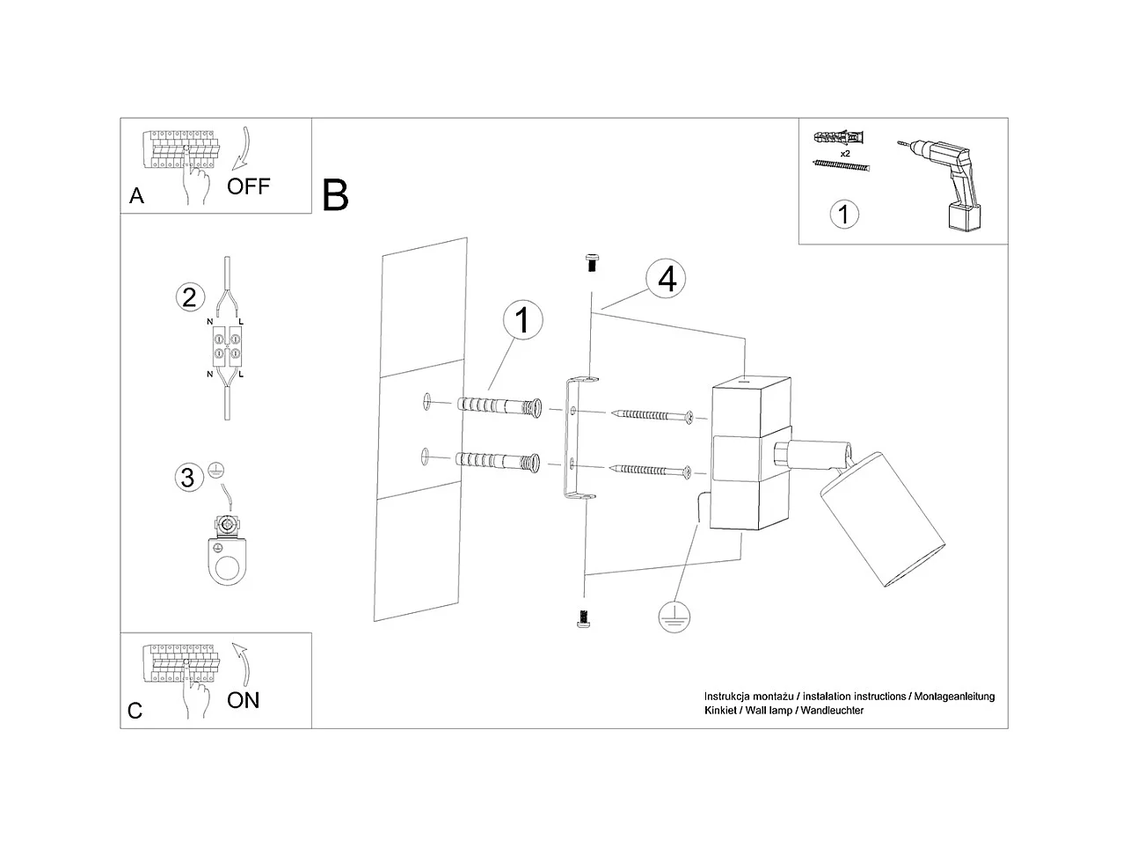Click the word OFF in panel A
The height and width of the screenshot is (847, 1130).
(x=248, y=186)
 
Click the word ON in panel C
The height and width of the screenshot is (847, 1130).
(x=243, y=700)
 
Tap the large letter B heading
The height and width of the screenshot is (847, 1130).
(x=335, y=195)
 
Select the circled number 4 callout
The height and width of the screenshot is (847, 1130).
(x=666, y=279)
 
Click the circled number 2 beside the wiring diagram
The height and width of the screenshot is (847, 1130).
(x=189, y=297)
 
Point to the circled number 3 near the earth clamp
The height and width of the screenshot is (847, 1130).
(x=186, y=478)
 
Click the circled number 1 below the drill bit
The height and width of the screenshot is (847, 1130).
(x=844, y=214)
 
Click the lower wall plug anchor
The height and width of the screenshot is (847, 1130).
(x=497, y=461)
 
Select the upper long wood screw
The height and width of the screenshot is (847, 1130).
(x=654, y=415)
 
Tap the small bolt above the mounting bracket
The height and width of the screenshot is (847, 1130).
(x=591, y=260)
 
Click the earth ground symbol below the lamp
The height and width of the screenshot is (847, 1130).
(x=673, y=617)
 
